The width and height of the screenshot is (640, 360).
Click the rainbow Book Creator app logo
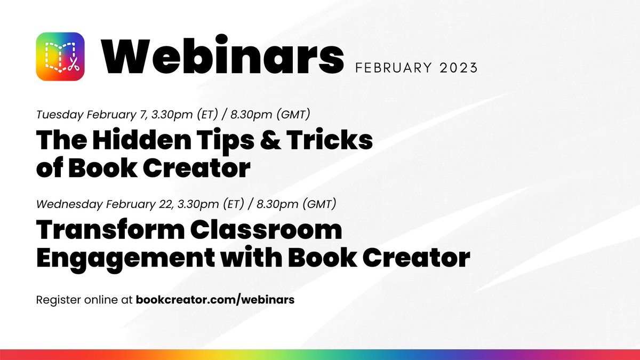coord(60,56)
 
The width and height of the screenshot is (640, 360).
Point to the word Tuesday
coord(55,115)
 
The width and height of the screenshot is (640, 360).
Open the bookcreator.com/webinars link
coord(215,300)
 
